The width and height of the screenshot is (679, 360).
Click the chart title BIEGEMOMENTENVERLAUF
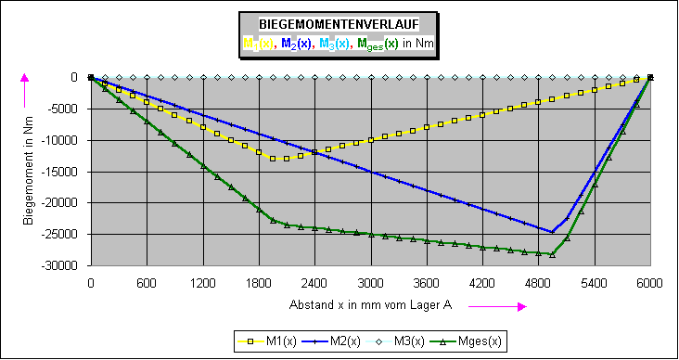click(338, 23)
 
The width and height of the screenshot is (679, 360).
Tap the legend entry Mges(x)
click(481, 341)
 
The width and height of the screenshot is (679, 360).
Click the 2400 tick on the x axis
click(314, 284)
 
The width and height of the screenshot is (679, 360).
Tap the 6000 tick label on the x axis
click(649, 284)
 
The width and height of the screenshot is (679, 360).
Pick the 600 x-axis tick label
click(147, 284)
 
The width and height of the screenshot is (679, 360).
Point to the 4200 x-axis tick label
click(482, 284)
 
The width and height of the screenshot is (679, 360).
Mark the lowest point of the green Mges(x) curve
click(552, 254)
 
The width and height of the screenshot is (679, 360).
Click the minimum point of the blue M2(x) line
click(552, 232)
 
